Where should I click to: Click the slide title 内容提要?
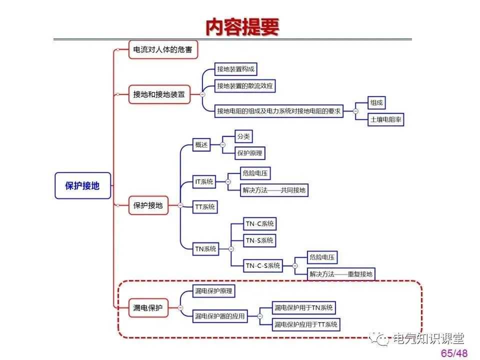click(242, 27)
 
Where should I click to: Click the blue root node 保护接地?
click(82, 186)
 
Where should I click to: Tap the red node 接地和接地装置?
click(159, 94)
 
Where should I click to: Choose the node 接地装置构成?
click(236, 69)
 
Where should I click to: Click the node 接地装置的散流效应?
click(245, 86)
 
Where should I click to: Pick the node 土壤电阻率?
click(386, 120)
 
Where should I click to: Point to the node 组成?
click(376, 103)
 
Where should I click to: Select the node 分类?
click(243, 136)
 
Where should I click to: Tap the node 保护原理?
click(250, 153)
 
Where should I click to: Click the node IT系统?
click(204, 181)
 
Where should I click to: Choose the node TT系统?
click(205, 206)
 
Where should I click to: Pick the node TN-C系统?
click(259, 224)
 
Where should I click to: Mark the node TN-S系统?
click(259, 240)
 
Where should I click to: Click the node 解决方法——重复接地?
click(340, 274)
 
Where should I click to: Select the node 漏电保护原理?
click(213, 291)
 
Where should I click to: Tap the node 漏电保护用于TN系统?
click(303, 307)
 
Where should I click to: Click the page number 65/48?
click(454, 353)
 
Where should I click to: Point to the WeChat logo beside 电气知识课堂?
click(382, 339)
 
